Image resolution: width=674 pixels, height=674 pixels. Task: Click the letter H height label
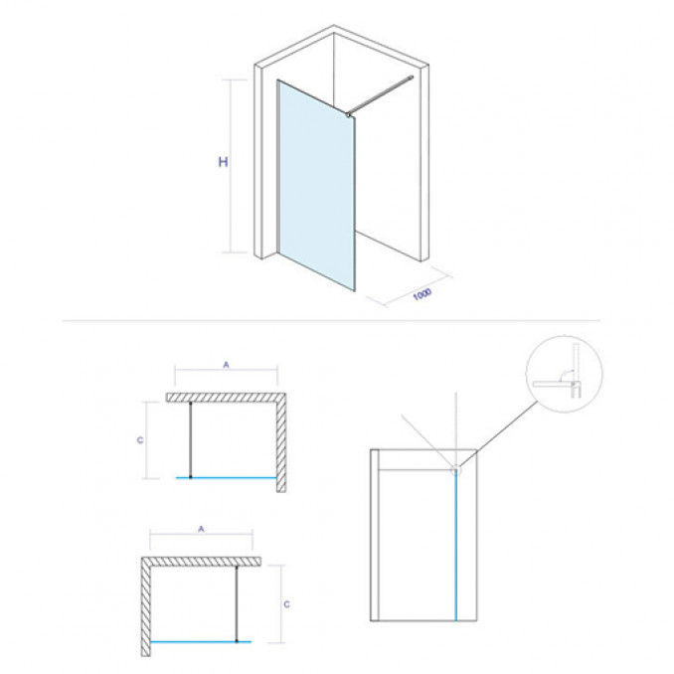pos(223,162)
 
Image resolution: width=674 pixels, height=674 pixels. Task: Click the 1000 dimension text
pos(422,294)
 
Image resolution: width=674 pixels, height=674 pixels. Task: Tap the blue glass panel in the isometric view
pos(316,185)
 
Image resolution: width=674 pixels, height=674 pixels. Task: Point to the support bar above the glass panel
pos(381,95)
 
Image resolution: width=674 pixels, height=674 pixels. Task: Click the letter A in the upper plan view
pos(226,365)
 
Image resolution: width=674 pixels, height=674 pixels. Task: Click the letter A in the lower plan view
pos(201,529)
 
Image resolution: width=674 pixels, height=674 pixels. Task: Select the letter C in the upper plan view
pos(140,440)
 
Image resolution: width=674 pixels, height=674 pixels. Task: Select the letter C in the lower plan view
pos(286,604)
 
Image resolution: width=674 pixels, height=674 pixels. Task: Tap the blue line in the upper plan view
pos(227,477)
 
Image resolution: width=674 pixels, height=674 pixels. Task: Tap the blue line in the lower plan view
pos(201,642)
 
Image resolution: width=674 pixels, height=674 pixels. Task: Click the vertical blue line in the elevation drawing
pos(455,547)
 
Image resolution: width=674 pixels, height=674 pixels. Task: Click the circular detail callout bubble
pos(564,375)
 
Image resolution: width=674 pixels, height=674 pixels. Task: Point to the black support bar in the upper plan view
pos(191,439)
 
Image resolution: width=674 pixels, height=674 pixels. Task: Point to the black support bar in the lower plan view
pos(237,604)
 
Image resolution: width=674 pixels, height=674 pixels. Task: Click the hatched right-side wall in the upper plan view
pos(281,442)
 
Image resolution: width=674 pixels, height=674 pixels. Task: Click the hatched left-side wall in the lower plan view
pos(146,607)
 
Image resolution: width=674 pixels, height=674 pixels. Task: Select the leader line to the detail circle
pos(499,434)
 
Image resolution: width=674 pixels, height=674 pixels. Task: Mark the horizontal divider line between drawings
pos(331,321)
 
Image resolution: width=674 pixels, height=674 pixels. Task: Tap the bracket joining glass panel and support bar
pos(348,114)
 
